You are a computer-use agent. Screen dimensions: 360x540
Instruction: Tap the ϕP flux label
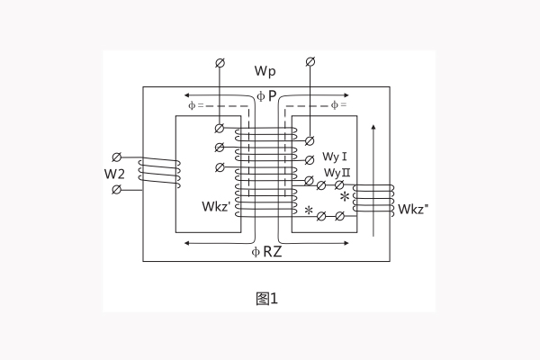[265, 94]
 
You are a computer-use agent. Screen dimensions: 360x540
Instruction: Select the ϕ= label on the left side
[197, 106]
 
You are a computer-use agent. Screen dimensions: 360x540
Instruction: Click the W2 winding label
[114, 172]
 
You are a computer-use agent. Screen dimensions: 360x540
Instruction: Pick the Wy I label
[336, 155]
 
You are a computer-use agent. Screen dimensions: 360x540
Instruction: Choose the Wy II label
[337, 172]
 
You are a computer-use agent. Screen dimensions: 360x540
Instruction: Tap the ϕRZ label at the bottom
[267, 252]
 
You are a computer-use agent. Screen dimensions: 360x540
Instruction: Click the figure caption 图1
[266, 299]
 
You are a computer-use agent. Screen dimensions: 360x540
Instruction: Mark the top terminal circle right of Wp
[310, 61]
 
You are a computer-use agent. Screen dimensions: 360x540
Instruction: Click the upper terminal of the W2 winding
[116, 156]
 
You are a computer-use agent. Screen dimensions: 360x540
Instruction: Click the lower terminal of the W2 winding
[116, 190]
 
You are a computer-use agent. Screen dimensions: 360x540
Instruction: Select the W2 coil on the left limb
[160, 172]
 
